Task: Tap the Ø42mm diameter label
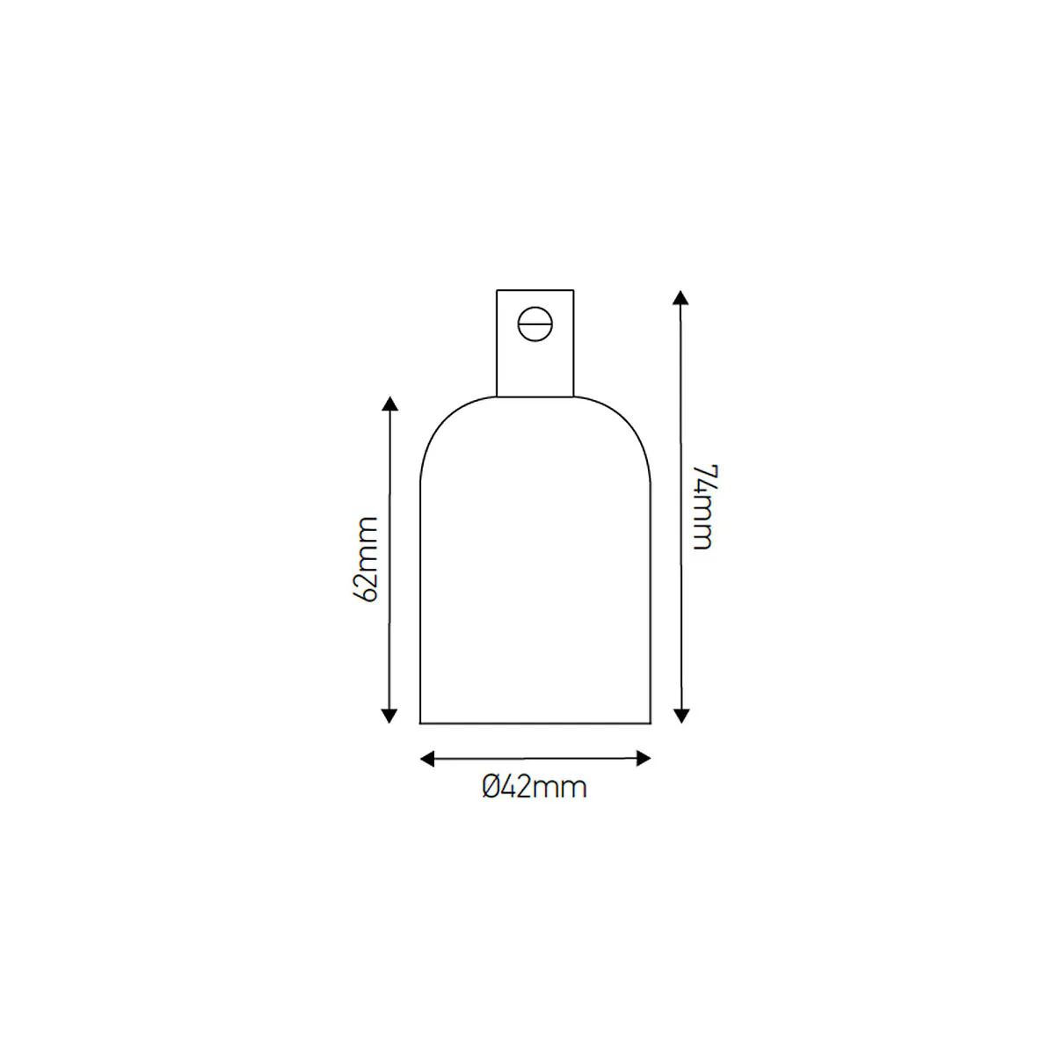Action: tap(534, 787)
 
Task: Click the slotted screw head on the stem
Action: tap(535, 324)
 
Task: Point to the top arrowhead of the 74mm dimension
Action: tap(680, 296)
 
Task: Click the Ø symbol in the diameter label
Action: tap(491, 787)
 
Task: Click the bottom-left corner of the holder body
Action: tap(420, 723)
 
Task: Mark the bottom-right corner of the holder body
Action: tap(650, 723)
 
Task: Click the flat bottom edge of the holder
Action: tap(535, 723)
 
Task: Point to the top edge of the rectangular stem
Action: tap(535, 290)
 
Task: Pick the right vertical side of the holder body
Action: tap(650, 598)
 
